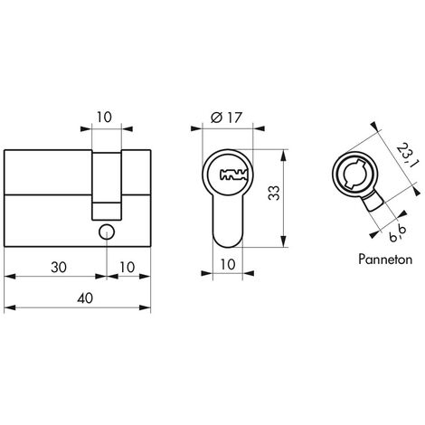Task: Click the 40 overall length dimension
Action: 85,298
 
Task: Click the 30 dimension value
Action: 59,268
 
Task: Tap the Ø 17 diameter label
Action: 226,118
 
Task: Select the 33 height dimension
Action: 274,194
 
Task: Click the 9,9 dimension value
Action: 398,233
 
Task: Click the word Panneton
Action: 385,260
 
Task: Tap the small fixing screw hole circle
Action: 107,232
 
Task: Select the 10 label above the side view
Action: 104,118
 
